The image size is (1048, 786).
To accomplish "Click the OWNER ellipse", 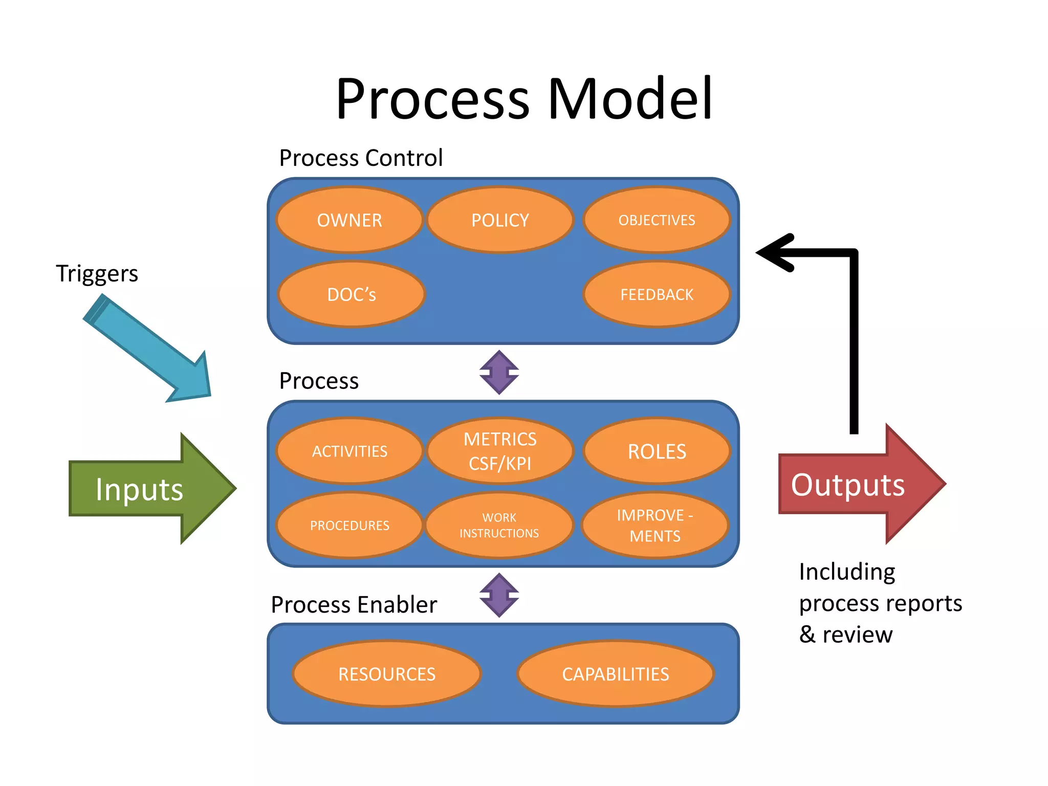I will click(x=350, y=220).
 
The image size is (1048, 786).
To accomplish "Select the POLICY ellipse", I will click(x=500, y=220).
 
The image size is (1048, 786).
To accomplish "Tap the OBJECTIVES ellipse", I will click(x=657, y=220).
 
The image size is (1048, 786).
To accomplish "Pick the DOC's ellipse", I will click(x=352, y=294).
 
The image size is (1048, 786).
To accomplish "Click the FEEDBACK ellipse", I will click(x=657, y=294).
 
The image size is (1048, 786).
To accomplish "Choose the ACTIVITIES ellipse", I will click(x=350, y=451).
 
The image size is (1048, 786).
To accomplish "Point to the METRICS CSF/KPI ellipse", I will click(x=500, y=451).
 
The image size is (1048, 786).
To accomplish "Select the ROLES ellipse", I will click(x=657, y=451).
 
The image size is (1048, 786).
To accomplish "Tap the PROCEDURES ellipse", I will click(x=350, y=525).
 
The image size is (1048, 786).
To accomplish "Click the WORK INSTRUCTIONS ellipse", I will click(x=499, y=525).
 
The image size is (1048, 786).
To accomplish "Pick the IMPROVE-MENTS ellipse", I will click(x=655, y=525).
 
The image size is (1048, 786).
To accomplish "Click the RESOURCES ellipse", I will click(x=387, y=674).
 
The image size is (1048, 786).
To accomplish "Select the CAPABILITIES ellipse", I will click(x=616, y=674).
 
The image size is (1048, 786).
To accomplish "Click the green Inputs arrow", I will click(x=148, y=489).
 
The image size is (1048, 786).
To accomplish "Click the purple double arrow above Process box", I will click(x=499, y=373).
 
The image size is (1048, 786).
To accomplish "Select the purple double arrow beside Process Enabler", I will click(x=499, y=595).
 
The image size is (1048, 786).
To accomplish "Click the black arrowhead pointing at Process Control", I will click(x=775, y=252).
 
